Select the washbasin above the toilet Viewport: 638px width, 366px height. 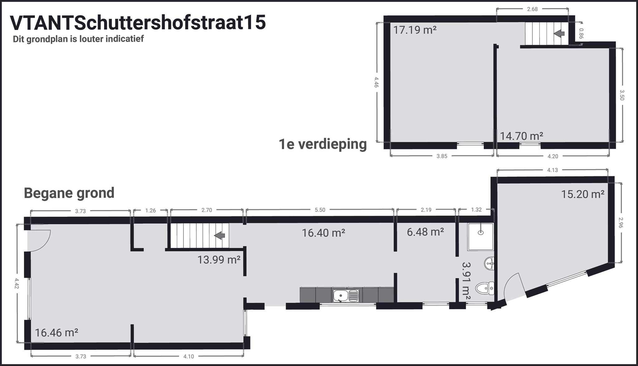(489, 264)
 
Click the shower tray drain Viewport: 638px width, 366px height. (481, 232)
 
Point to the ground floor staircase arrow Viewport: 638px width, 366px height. (220, 236)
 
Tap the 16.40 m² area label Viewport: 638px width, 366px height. (323, 233)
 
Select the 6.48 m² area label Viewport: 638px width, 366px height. (425, 232)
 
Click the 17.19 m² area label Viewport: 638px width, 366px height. (414, 30)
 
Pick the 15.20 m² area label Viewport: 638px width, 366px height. (583, 194)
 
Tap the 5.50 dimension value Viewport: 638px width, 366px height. (320, 210)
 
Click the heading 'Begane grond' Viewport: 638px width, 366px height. (69, 193)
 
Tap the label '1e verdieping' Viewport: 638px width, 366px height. (323, 144)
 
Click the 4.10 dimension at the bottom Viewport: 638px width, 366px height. (188, 356)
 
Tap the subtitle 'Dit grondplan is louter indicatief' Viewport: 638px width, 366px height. (78, 39)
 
